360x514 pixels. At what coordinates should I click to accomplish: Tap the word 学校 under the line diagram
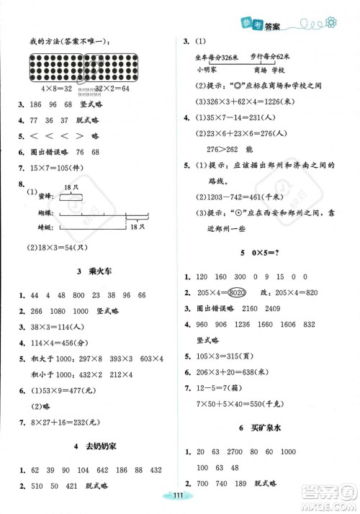point(285,70)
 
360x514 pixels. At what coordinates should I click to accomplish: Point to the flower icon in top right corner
point(332,24)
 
